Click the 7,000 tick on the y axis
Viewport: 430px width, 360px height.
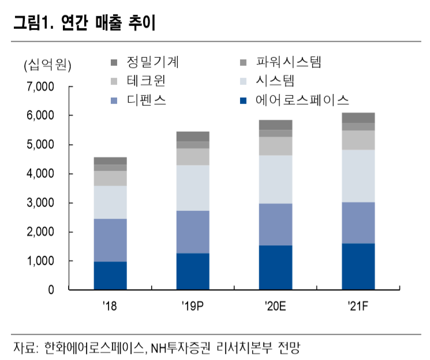pos(40,87)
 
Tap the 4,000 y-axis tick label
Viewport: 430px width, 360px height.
pos(40,174)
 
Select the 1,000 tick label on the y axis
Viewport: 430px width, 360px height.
pos(40,261)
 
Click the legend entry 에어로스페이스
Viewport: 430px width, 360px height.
pos(303,101)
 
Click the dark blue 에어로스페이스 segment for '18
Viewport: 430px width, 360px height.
pos(110,275)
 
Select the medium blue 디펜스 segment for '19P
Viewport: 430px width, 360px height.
pos(193,232)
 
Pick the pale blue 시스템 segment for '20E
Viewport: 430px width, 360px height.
pos(275,179)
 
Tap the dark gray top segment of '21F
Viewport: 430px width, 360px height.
pos(358,118)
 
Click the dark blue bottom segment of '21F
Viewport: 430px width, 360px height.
pos(358,266)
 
